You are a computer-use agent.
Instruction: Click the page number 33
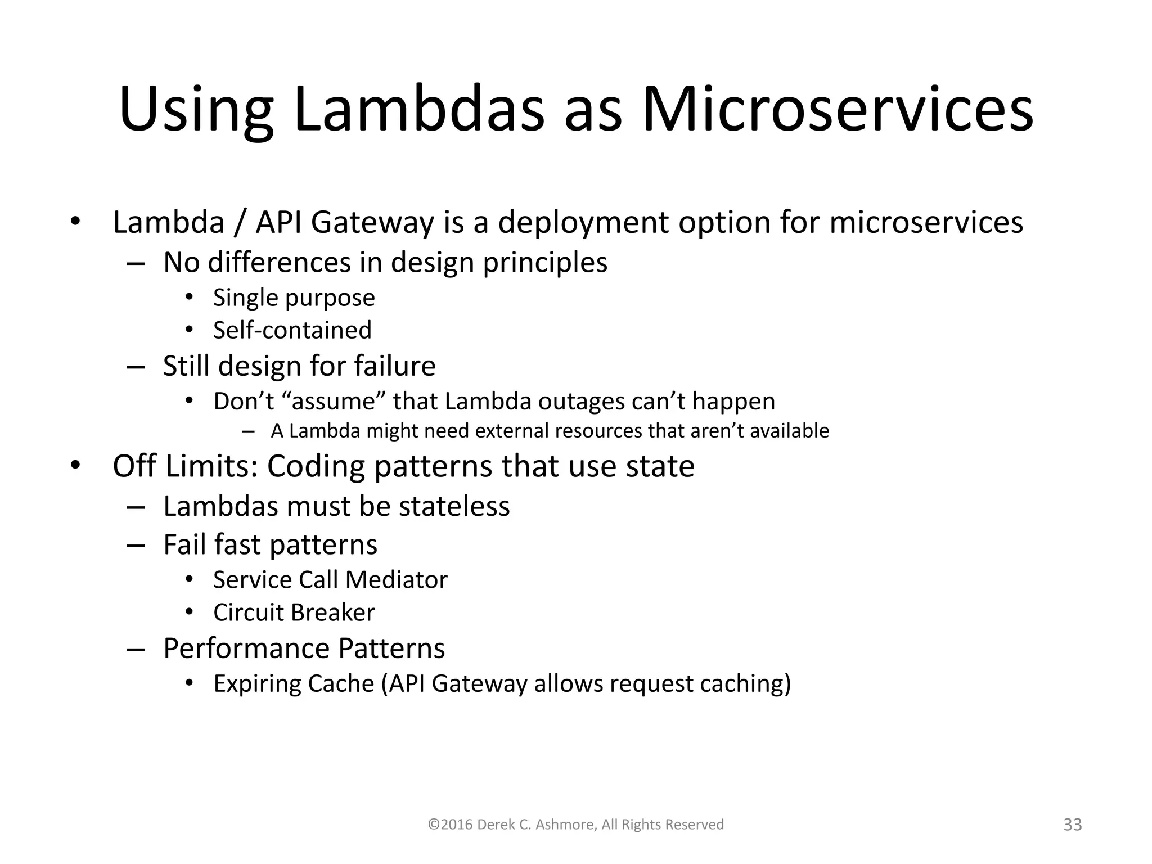click(1073, 825)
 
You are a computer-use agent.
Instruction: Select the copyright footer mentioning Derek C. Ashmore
click(576, 825)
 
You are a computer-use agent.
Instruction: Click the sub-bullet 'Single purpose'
click(294, 298)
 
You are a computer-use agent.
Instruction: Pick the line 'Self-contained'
click(292, 330)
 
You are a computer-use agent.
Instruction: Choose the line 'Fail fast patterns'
click(270, 544)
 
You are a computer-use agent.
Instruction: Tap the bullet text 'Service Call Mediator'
click(330, 580)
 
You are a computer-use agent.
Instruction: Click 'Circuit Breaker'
click(294, 613)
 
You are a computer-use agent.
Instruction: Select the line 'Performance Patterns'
click(304, 649)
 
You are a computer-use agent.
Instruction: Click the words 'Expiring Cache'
click(294, 684)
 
